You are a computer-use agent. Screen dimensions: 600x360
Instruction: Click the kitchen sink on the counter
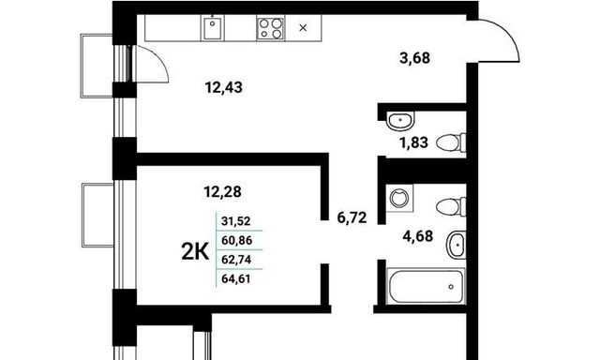point(213,28)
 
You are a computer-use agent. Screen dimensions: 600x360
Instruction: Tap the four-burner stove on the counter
point(270,28)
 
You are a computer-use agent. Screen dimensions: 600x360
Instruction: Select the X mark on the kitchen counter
point(303,27)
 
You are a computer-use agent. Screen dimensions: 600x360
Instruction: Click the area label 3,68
point(414,58)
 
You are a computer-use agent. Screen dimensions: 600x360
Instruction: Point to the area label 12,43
point(224,87)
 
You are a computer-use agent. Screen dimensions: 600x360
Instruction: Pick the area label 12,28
point(223,191)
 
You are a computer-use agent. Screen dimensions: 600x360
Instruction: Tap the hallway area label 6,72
point(352,217)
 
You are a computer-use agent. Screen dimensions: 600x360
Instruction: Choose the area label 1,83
point(413,142)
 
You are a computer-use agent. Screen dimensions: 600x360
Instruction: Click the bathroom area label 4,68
point(418,236)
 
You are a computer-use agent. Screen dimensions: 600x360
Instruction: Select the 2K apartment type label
point(195,252)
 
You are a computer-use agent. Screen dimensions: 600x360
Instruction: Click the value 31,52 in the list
point(236,221)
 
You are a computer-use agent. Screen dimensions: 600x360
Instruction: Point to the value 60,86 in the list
point(237,241)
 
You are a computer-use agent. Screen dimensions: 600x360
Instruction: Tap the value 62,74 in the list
point(236,260)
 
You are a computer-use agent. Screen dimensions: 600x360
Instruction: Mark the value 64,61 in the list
point(236,278)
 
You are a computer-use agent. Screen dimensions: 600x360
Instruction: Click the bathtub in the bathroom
point(426,286)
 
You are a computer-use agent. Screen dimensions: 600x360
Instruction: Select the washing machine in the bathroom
point(399,198)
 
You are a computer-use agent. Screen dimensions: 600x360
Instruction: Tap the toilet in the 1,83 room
point(451,142)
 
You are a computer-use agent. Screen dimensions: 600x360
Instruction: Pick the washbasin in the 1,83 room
point(400,120)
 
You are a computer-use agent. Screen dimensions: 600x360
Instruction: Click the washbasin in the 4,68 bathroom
point(457,245)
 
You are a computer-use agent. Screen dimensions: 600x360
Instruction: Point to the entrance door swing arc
point(507,32)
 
